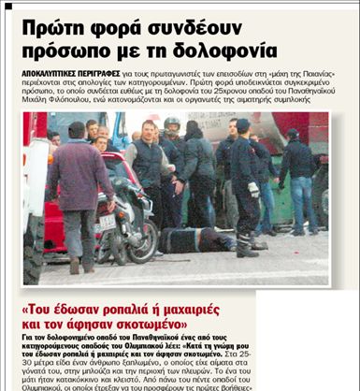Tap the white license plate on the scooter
pyautogui.click(x=105, y=222)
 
